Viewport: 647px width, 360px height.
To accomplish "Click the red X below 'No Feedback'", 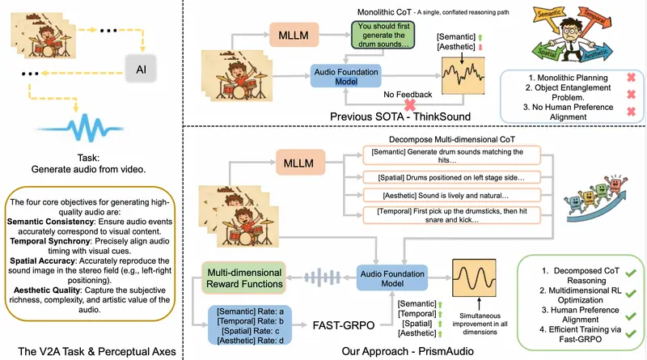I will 411,105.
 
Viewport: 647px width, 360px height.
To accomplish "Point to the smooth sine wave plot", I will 474,283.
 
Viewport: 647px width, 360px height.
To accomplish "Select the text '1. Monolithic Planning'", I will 552,79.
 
